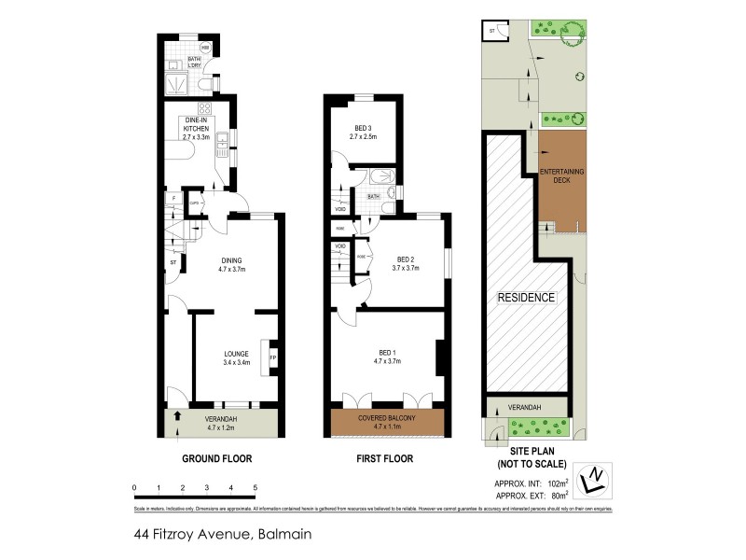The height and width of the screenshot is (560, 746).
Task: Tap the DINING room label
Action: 231,260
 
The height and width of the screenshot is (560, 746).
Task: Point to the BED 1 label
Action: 386,353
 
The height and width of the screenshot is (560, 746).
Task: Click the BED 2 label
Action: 406,259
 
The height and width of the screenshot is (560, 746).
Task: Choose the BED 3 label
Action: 363,128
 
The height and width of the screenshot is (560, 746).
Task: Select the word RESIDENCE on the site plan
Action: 526,298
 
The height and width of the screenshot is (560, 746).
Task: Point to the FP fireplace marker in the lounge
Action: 272,357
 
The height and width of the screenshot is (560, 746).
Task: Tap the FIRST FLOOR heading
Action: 385,458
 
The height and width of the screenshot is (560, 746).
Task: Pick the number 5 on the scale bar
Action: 255,487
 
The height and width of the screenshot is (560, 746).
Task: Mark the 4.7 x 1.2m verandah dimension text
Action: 222,430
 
